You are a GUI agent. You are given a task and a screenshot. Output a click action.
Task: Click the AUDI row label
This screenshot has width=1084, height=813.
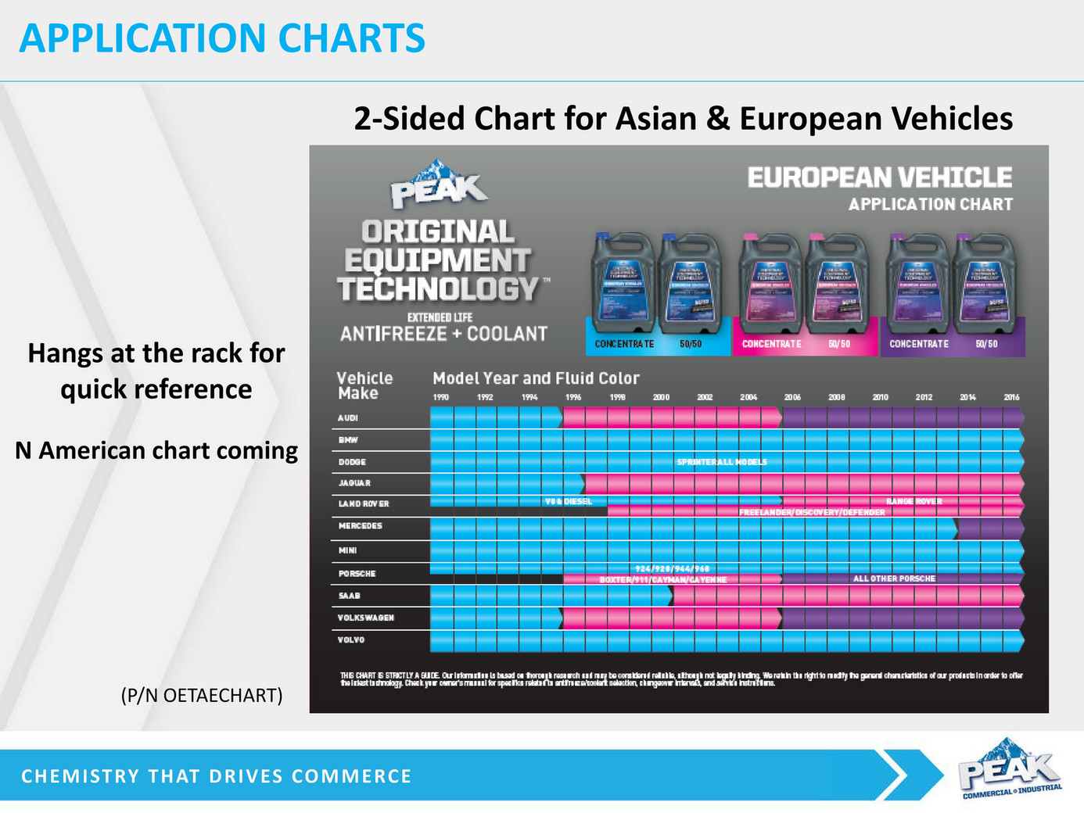[x=348, y=418]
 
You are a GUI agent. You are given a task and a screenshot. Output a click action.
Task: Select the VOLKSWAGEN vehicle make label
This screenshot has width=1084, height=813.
[x=366, y=618]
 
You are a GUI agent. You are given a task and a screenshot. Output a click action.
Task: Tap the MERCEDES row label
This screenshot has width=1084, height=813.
[x=361, y=526]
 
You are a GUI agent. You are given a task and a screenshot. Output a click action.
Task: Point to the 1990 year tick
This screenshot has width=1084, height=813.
[x=441, y=397]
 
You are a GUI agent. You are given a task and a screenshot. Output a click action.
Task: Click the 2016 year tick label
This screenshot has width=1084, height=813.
[x=1011, y=397]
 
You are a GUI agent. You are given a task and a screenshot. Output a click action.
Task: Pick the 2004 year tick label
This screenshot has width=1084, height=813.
[x=748, y=397]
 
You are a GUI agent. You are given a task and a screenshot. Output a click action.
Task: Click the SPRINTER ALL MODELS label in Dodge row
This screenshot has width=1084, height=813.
[x=722, y=462]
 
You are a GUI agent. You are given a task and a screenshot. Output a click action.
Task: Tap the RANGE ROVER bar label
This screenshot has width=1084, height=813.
[x=914, y=502]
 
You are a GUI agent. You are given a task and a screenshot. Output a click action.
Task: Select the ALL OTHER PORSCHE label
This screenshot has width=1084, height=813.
[x=894, y=578]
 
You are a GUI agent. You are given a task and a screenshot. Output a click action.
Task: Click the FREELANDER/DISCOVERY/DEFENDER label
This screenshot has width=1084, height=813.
[x=812, y=513]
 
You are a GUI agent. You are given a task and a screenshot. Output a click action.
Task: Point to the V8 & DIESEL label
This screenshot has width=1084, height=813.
[x=568, y=501]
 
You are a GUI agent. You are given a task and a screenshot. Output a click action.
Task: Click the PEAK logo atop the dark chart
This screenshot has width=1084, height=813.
[x=439, y=185]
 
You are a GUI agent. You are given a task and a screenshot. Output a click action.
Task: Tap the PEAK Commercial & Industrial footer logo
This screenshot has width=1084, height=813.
[x=1010, y=769]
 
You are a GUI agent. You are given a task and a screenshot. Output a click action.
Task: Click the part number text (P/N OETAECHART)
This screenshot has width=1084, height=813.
[x=202, y=695]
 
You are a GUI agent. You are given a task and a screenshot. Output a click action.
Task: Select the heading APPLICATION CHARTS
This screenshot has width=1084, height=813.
[x=222, y=38]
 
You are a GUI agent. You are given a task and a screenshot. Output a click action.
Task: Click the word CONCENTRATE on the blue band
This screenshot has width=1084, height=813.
[x=624, y=344]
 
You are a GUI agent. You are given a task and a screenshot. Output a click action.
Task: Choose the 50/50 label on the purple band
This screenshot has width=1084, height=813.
[x=986, y=344]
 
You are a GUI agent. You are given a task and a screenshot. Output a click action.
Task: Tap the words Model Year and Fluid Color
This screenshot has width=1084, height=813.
[x=536, y=378]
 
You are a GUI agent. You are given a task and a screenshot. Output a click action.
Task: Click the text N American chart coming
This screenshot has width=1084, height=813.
[x=156, y=451]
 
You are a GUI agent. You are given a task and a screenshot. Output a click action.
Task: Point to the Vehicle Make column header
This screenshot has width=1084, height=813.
[x=364, y=385]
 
